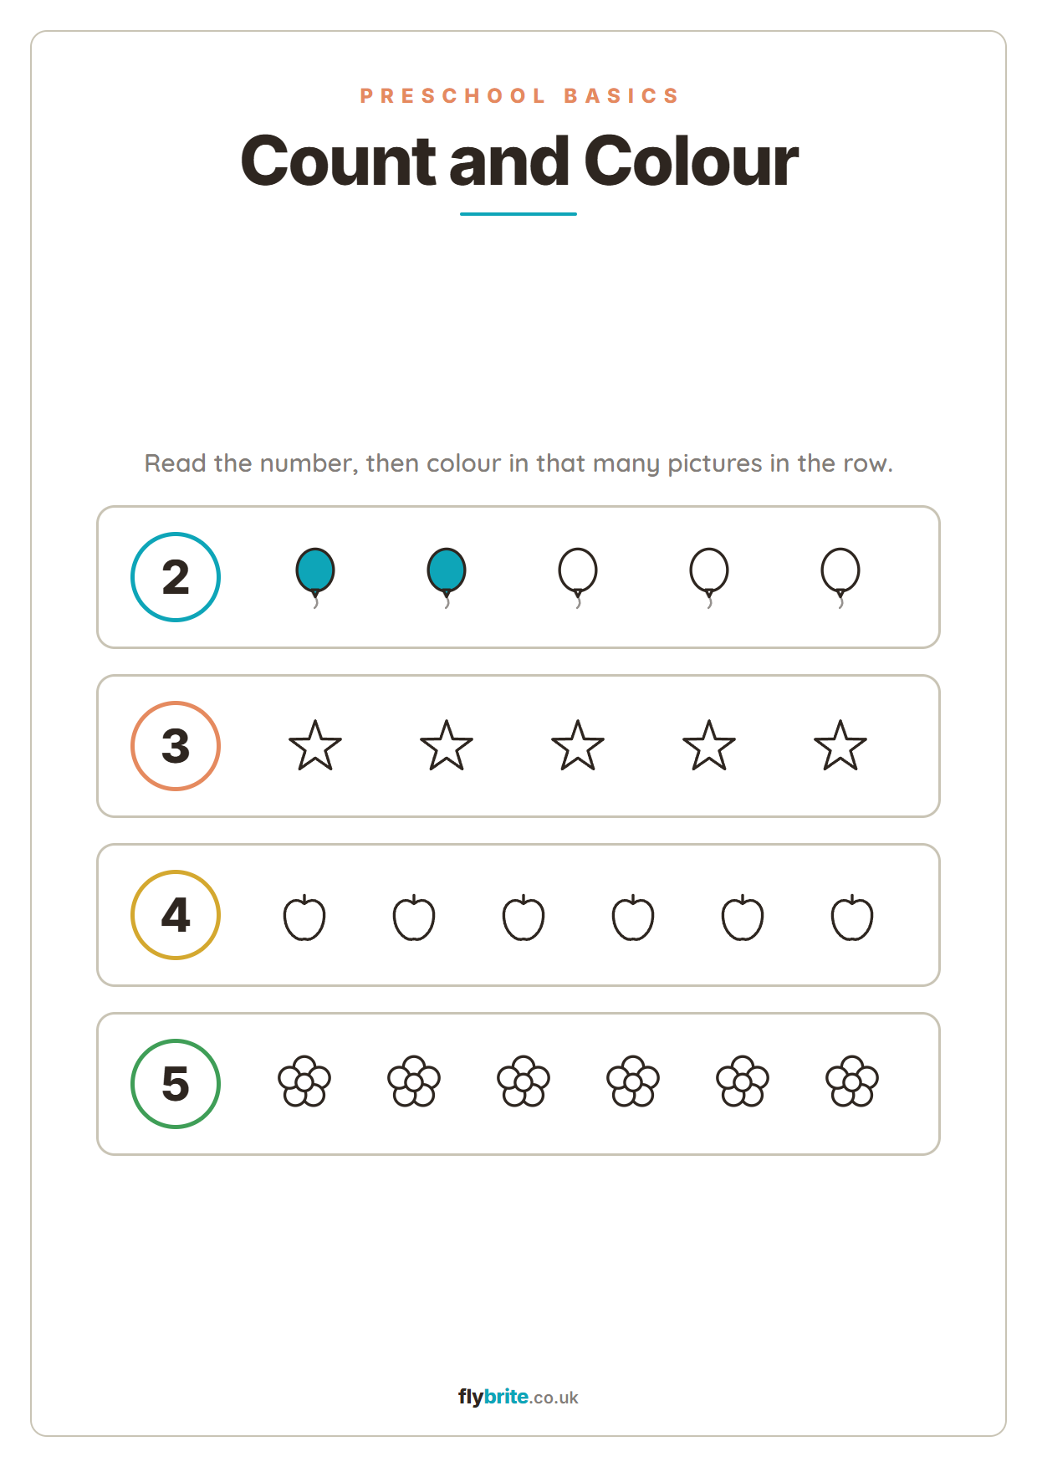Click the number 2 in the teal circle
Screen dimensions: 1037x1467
tap(176, 577)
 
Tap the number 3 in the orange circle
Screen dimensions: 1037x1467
tap(176, 746)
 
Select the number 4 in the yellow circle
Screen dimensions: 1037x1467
tap(176, 915)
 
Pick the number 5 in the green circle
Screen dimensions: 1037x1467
tap(176, 1084)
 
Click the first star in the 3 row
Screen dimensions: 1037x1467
tap(315, 746)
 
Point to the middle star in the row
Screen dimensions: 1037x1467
tap(578, 746)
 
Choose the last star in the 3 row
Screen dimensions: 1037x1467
tap(840, 746)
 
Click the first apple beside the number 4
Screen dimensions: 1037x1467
tap(304, 918)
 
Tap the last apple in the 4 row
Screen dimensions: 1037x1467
tap(852, 918)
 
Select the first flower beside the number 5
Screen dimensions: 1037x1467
tap(304, 1081)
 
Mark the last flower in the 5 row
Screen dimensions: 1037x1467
tap(852, 1081)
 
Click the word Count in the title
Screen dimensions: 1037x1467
tap(338, 161)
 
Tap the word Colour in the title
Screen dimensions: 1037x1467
tap(691, 161)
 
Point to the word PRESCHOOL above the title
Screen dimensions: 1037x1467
tap(452, 96)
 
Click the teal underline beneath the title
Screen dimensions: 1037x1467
tap(518, 214)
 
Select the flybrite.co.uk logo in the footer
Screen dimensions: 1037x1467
tap(518, 1397)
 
